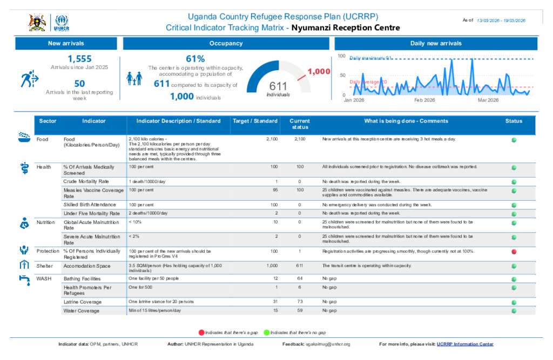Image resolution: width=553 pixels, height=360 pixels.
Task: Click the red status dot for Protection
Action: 514,252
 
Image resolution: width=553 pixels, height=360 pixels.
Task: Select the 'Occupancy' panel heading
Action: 226,43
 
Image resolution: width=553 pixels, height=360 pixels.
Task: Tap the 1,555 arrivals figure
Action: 79,59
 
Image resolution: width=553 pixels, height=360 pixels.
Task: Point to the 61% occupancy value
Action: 195,58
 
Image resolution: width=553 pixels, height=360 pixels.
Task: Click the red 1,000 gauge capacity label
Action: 319,71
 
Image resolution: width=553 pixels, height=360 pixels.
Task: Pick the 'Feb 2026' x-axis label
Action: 424,100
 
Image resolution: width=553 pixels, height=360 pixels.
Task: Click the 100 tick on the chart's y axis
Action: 341,56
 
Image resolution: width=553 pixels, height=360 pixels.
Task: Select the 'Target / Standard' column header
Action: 255,121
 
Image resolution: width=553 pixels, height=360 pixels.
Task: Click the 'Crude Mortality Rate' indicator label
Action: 86,181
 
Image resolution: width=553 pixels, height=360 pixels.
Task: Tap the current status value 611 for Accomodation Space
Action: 300,266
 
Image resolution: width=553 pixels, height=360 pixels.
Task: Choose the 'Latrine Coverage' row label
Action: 82,302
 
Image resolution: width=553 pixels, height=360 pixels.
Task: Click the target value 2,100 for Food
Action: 272,139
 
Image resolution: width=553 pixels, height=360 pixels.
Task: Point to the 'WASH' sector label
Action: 44,279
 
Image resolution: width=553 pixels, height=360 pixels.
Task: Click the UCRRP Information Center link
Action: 465,344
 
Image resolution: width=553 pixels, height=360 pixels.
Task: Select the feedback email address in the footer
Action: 328,344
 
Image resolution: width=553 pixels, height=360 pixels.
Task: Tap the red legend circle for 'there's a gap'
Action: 201,332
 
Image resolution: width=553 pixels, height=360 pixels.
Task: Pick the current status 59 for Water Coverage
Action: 300,311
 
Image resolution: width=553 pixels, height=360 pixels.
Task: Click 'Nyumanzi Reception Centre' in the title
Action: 346,28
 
